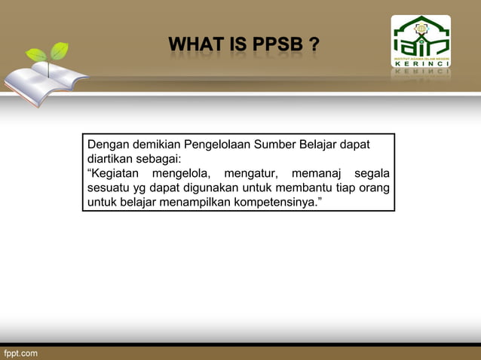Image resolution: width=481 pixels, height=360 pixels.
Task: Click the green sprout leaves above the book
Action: click(47, 53)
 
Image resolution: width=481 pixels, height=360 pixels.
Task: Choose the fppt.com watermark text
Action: click(20, 352)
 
